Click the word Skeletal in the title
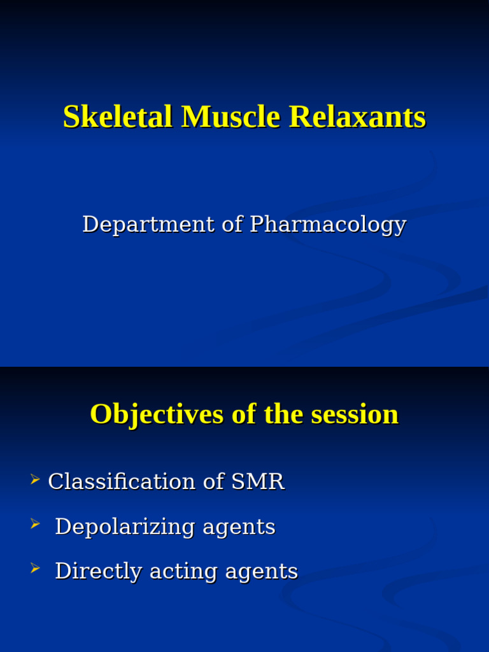[118, 117]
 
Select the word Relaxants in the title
[358, 117]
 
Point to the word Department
[148, 225]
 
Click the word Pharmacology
[328, 225]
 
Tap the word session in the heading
[355, 415]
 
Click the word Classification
[122, 481]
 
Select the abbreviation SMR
[258, 481]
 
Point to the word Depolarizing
[125, 527]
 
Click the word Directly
[99, 571]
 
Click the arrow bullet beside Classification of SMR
[35, 479]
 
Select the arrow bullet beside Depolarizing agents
[35, 524]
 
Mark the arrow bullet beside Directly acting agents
[35, 568]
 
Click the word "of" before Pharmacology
[232, 225]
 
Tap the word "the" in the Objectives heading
[285, 415]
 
